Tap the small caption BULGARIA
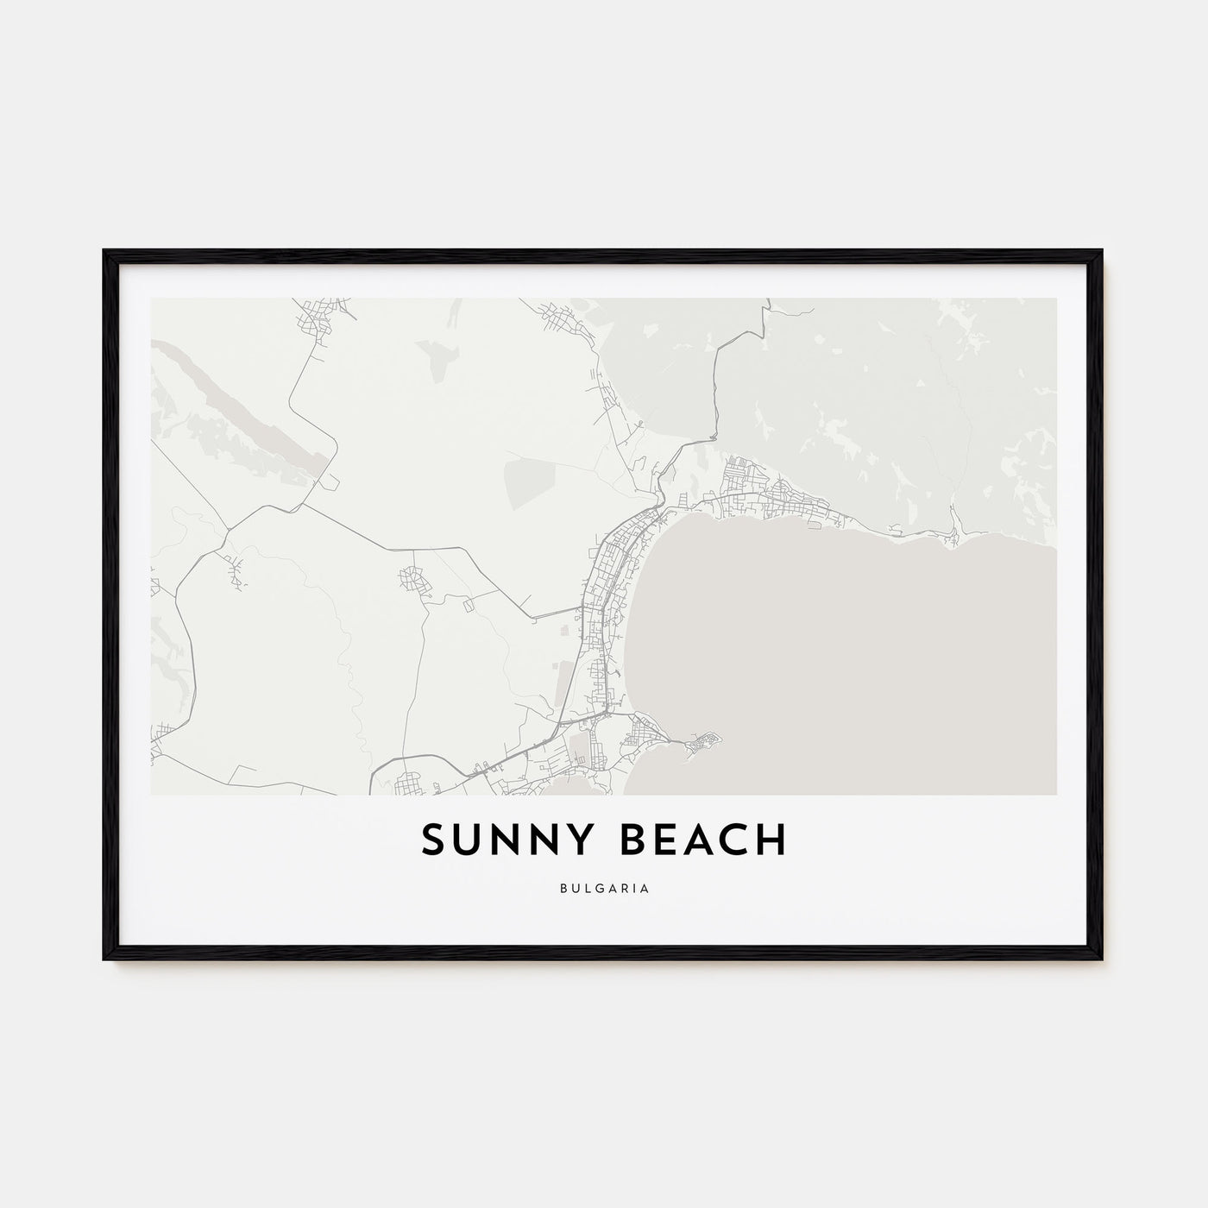point(603,886)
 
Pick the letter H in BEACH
point(771,840)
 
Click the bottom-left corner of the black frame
point(106,959)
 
